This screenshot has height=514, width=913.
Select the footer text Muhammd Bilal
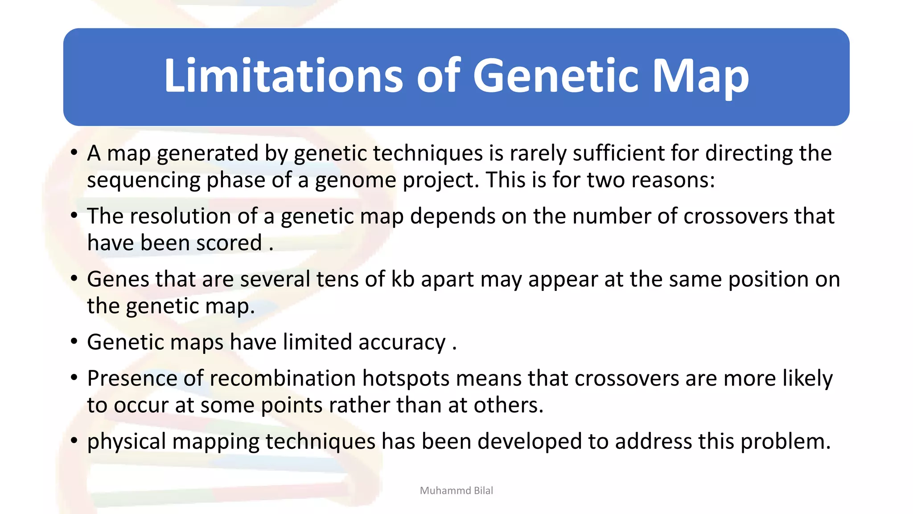pos(456,490)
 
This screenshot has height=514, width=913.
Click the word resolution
pos(184,216)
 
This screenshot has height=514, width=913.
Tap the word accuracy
pos(402,343)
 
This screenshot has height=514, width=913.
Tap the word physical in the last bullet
pos(126,442)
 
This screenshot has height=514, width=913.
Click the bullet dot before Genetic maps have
pos(74,342)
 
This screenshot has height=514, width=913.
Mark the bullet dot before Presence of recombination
pos(74,378)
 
